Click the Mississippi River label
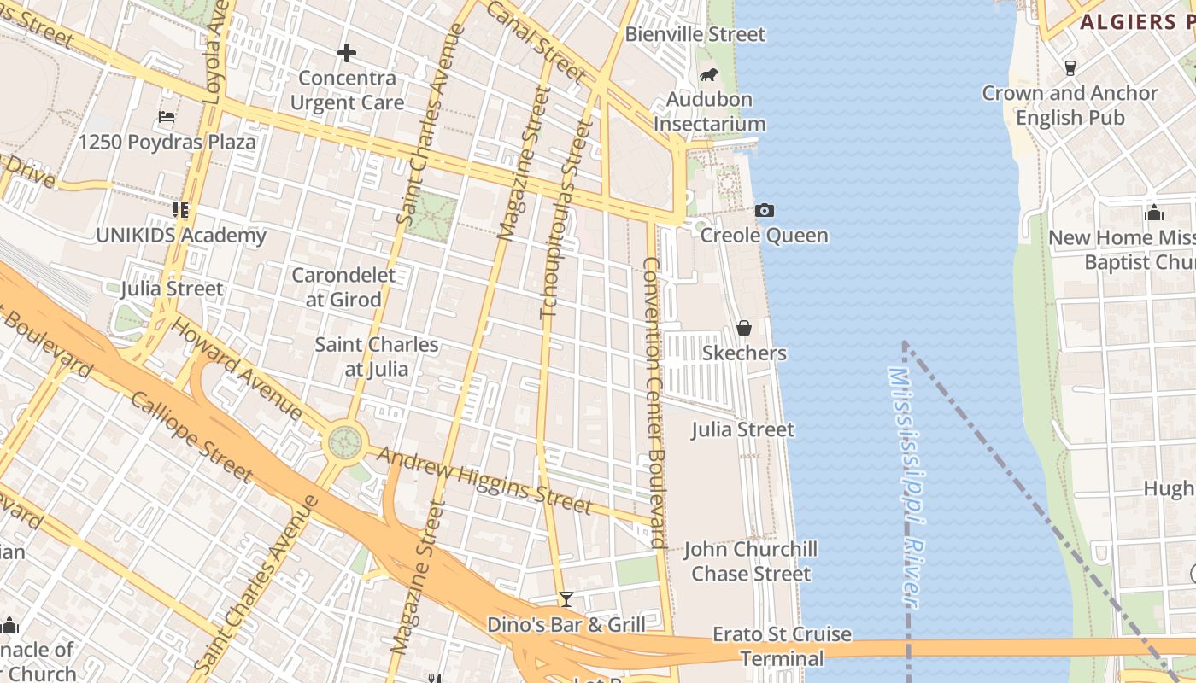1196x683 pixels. [x=906, y=487]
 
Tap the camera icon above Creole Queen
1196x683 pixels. [x=765, y=210]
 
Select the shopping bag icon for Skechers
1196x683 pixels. [x=744, y=328]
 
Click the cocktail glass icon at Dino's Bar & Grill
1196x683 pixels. [x=566, y=599]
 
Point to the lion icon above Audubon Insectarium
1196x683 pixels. [x=708, y=75]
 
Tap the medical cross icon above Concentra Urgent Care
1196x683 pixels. [x=346, y=53]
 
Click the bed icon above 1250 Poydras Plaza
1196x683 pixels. [x=167, y=117]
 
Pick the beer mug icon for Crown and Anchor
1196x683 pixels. [x=1070, y=67]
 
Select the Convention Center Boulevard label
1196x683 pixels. [x=654, y=401]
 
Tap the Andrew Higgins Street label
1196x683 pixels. [x=484, y=480]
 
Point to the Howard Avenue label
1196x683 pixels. [x=237, y=369]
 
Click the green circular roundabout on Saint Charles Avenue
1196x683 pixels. [x=345, y=442]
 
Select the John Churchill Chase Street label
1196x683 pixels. [x=750, y=561]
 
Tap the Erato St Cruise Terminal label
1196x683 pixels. [x=782, y=646]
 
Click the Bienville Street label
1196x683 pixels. [x=695, y=34]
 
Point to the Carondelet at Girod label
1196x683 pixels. [x=343, y=288]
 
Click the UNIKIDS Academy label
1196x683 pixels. [x=181, y=235]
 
